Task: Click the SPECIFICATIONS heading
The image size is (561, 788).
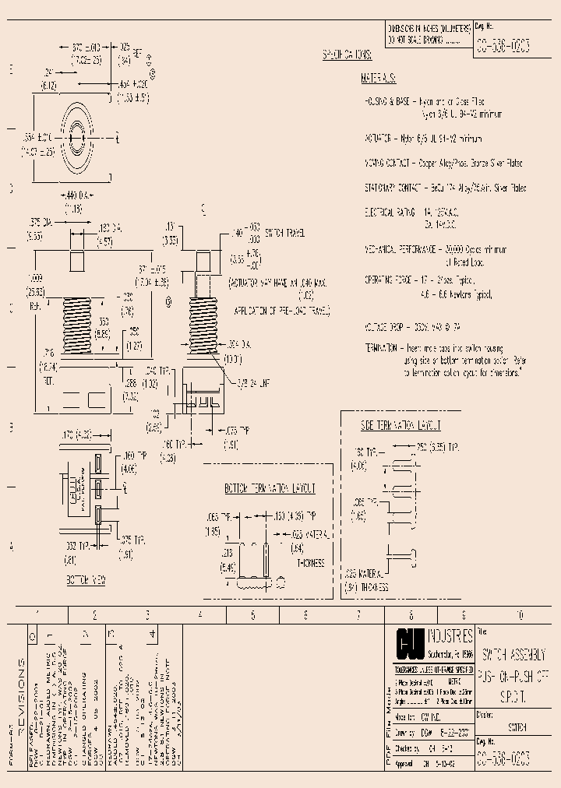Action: point(348,55)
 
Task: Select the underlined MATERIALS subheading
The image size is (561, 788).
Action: point(379,79)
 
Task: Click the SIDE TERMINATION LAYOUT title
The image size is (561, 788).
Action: point(400,425)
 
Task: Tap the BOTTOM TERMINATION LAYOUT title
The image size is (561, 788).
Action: point(270,488)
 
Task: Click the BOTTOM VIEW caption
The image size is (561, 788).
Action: point(86,580)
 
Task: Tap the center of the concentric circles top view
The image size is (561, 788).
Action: point(76,139)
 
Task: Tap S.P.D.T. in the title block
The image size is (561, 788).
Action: point(512,691)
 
